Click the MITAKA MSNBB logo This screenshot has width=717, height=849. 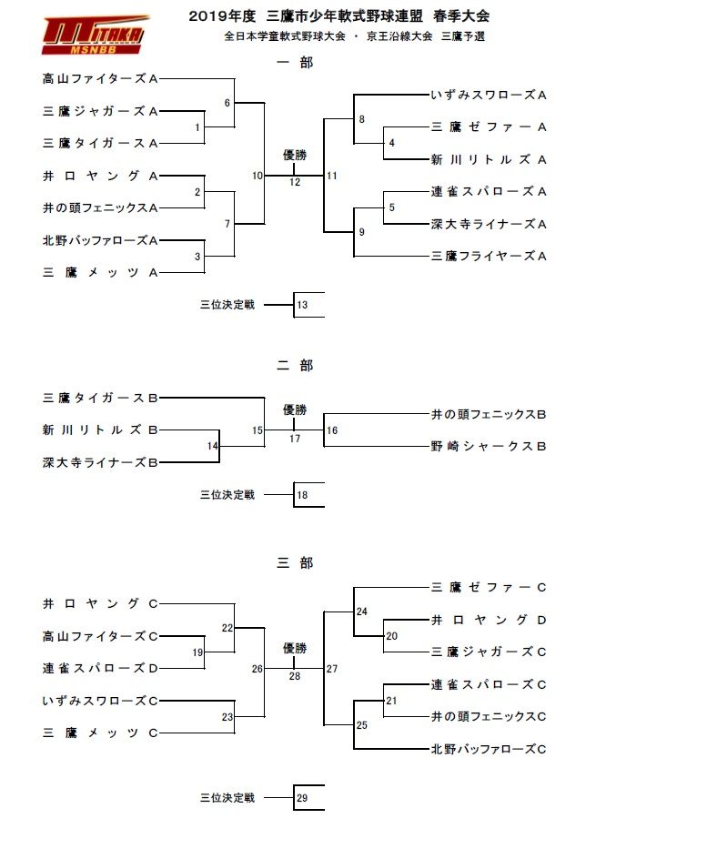(x=95, y=34)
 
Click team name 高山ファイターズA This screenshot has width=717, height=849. (x=101, y=78)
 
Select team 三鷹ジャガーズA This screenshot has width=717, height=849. (x=101, y=111)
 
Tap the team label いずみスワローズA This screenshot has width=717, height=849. (x=488, y=95)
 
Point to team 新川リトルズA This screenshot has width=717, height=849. (x=488, y=159)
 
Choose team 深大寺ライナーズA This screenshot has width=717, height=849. (x=488, y=224)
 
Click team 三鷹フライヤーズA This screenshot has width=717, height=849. (x=488, y=257)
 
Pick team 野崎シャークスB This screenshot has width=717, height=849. (x=488, y=446)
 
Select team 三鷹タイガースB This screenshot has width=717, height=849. (x=101, y=398)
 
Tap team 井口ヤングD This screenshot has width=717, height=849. (x=488, y=620)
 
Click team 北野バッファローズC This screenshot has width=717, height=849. (x=488, y=749)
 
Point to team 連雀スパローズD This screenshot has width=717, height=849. (x=101, y=668)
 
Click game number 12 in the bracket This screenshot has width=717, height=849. (x=294, y=182)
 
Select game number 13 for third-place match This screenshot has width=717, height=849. (x=303, y=305)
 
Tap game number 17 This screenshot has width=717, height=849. (x=294, y=439)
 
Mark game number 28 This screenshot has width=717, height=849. (x=294, y=676)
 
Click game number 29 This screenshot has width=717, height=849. (x=303, y=798)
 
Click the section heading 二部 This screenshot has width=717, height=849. (x=294, y=366)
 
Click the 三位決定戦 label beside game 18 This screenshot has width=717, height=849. (x=227, y=495)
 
